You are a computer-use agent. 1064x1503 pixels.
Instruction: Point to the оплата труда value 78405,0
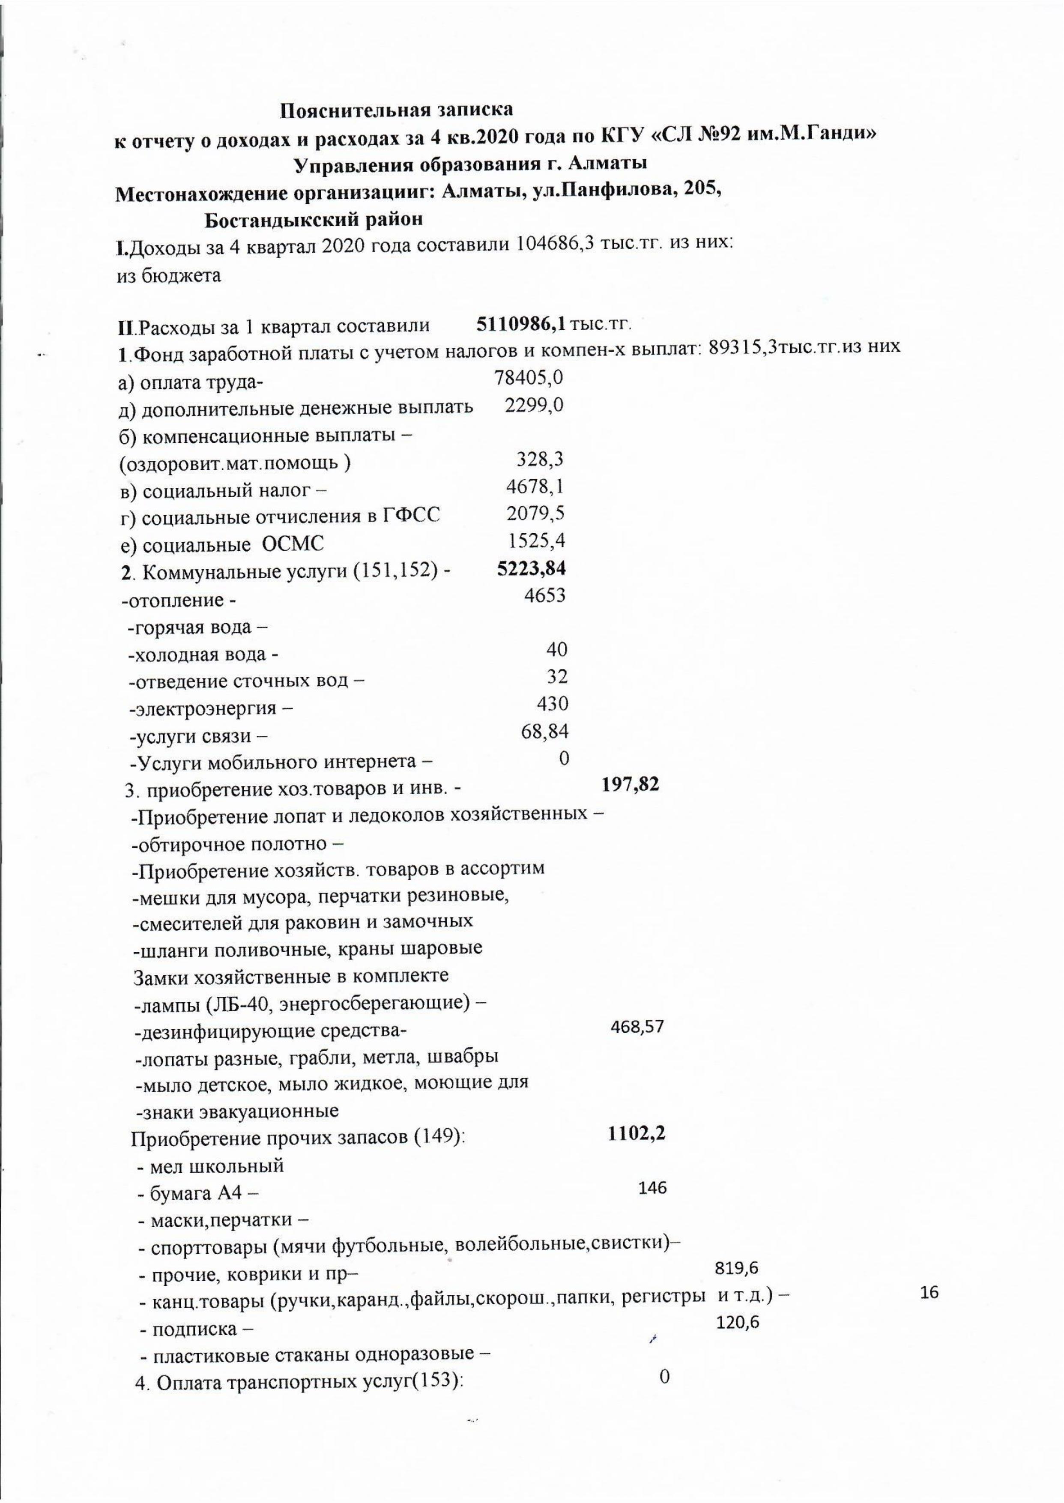point(529,377)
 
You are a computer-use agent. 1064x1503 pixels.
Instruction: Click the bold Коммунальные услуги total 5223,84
point(531,568)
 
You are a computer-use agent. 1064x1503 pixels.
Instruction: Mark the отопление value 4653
point(544,595)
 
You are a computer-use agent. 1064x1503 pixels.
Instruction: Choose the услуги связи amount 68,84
point(544,731)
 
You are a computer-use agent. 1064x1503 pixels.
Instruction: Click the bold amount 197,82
point(630,784)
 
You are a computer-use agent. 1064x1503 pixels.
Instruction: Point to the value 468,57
point(637,1027)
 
